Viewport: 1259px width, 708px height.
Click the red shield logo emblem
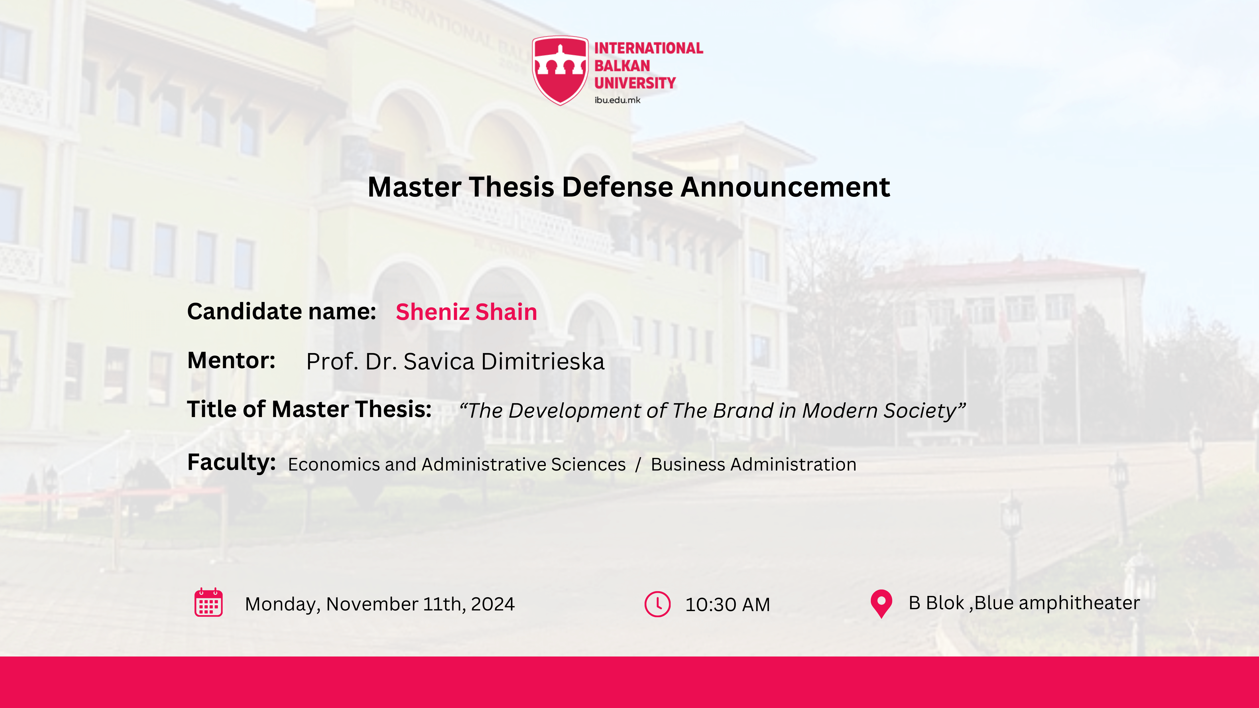(x=560, y=70)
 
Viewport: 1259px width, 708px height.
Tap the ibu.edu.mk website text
(x=617, y=100)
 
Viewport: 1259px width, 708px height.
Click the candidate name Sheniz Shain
(x=466, y=312)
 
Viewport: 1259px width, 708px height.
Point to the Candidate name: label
(x=282, y=311)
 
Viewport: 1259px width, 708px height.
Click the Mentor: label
(x=231, y=361)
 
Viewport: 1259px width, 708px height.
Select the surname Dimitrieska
(x=543, y=362)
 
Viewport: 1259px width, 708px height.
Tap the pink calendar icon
(x=209, y=602)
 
